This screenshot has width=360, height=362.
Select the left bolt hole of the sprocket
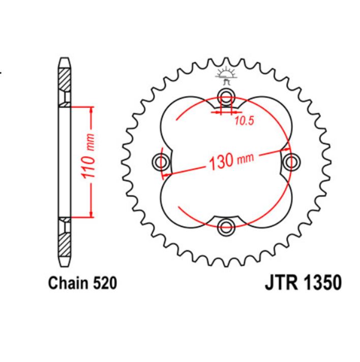(x=161, y=162)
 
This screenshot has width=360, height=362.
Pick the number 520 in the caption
(x=105, y=283)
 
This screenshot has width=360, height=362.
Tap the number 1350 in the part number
(x=321, y=283)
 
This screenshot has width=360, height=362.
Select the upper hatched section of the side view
(x=65, y=81)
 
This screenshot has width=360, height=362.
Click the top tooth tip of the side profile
(x=65, y=60)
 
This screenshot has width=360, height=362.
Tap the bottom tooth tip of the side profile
(x=65, y=264)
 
